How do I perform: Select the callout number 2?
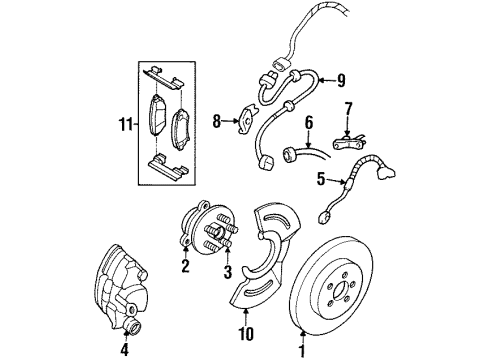[185, 267]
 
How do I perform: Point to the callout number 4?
[124, 350]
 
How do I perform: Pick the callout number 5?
[320, 181]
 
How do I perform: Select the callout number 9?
[340, 81]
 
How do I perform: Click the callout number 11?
[124, 125]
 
